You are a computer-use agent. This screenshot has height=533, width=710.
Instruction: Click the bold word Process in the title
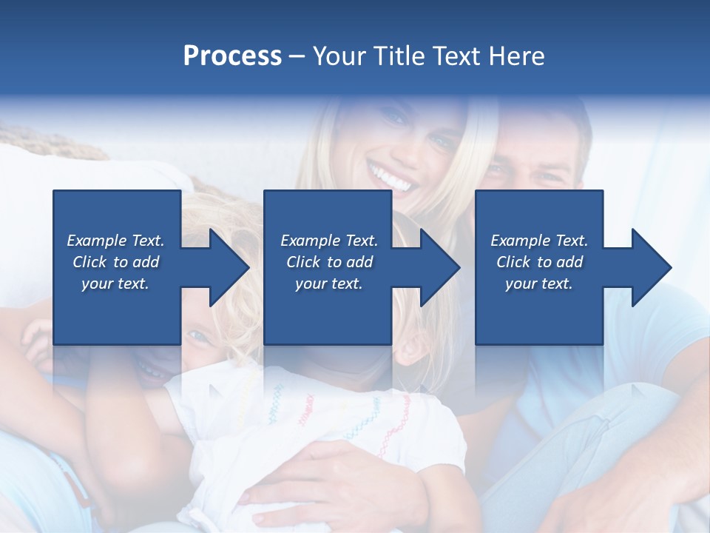[232, 56]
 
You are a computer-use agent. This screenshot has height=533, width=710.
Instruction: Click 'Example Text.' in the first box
[115, 241]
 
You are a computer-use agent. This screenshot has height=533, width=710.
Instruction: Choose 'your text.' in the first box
[115, 284]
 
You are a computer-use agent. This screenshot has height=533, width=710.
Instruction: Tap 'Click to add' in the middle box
[329, 262]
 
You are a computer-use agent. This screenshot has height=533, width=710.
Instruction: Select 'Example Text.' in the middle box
[329, 241]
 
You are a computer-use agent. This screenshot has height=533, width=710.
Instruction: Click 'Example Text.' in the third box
[539, 241]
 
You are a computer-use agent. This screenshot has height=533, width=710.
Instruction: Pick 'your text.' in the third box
[539, 284]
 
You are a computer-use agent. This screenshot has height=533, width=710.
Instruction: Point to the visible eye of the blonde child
[198, 337]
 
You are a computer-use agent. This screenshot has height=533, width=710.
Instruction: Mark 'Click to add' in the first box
[115, 262]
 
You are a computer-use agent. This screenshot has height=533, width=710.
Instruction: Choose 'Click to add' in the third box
[539, 262]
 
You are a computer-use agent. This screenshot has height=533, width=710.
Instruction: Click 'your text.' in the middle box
[329, 284]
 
